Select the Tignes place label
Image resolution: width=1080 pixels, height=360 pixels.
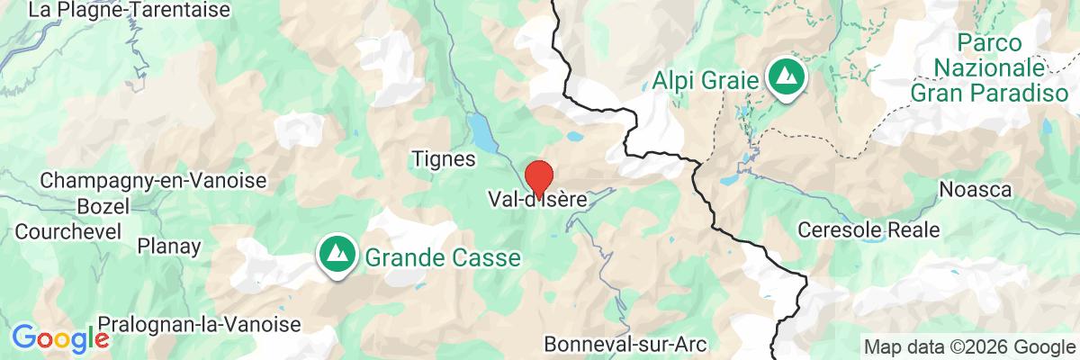pyautogui.click(x=442, y=158)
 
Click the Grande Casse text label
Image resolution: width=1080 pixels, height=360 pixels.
pyautogui.click(x=442, y=258)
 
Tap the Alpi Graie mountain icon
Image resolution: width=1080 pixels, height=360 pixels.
pyautogui.click(x=787, y=78)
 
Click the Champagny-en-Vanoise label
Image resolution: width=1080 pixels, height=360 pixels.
pyautogui.click(x=153, y=180)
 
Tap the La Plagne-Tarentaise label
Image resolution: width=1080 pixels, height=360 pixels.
pyautogui.click(x=130, y=11)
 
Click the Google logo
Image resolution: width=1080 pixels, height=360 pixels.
pyautogui.click(x=59, y=338)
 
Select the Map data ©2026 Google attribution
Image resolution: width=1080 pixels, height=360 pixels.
pyautogui.click(x=965, y=346)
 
